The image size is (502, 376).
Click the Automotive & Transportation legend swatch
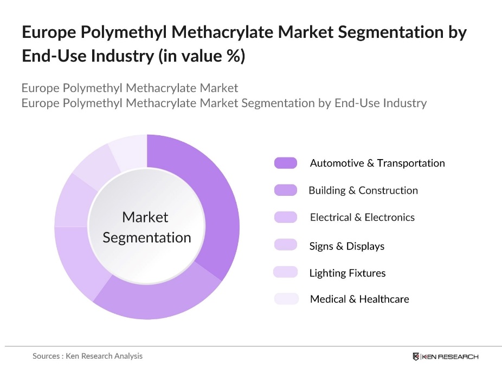[x=286, y=163]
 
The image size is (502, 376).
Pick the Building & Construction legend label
[x=363, y=190]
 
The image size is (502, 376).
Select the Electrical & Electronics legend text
[x=362, y=217]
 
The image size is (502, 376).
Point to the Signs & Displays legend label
[x=346, y=246]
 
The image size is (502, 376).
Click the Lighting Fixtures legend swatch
[x=286, y=272]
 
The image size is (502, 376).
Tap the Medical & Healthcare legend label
[x=359, y=299]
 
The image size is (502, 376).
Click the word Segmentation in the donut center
[x=147, y=238]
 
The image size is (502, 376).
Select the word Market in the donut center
[x=145, y=217]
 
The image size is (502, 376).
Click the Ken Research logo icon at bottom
[x=416, y=356]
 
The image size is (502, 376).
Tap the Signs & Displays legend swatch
[x=286, y=245]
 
